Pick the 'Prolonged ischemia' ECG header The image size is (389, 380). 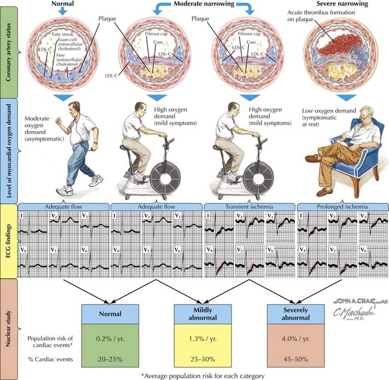341,206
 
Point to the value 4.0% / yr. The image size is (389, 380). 294,338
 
